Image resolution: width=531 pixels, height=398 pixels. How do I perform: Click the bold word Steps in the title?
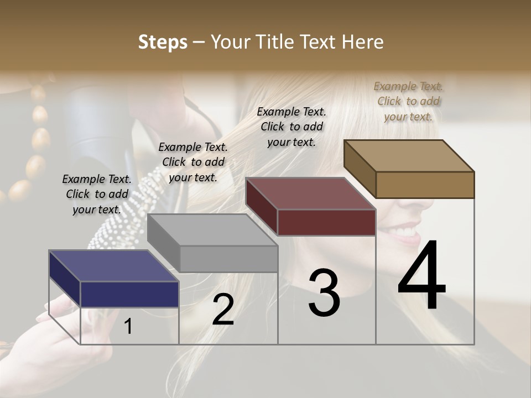(163, 42)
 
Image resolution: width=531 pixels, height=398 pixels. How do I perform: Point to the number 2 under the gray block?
(223, 310)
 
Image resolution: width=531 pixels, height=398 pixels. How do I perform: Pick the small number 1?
(128, 326)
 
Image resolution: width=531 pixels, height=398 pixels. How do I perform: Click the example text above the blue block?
(97, 194)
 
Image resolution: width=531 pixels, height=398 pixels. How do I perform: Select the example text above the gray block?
(193, 162)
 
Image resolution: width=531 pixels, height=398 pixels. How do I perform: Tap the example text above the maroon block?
(291, 127)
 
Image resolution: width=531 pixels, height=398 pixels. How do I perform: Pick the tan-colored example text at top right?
(408, 101)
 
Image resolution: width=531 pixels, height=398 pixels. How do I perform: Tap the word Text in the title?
(319, 42)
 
